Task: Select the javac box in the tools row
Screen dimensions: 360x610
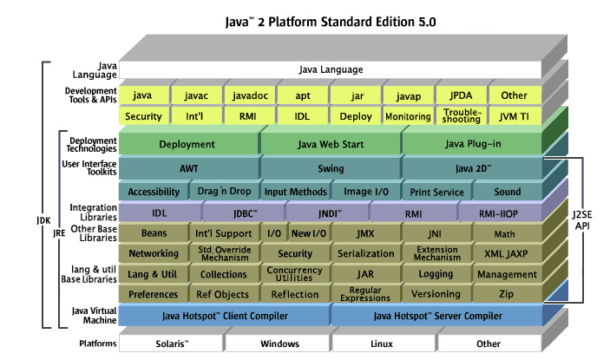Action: [196, 95]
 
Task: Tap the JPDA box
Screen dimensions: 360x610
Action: [462, 95]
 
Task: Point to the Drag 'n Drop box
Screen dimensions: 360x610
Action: [223, 192]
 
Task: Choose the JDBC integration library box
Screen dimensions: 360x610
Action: [244, 212]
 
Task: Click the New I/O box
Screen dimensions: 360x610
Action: [308, 232]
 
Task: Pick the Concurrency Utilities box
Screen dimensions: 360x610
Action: [295, 274]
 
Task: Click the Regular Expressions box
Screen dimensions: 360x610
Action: [365, 295]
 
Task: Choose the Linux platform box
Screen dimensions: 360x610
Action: [383, 344]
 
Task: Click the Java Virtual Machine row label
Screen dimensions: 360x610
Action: [94, 315]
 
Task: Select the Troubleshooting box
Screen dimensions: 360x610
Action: [462, 116]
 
